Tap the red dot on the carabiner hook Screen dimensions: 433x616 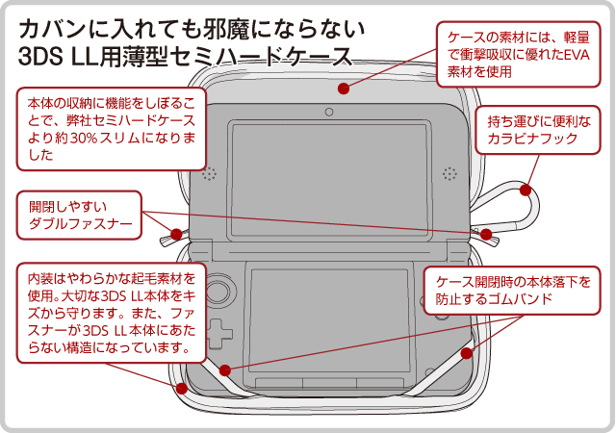[529, 190]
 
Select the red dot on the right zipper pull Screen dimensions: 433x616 [486, 234]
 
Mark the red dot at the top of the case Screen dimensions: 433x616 [343, 89]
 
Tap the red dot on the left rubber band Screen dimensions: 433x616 [224, 369]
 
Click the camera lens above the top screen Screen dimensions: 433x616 [329, 113]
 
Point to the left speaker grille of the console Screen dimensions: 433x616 [209, 174]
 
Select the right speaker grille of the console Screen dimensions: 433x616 [449, 174]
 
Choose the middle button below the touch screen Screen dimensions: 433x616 [328, 383]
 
